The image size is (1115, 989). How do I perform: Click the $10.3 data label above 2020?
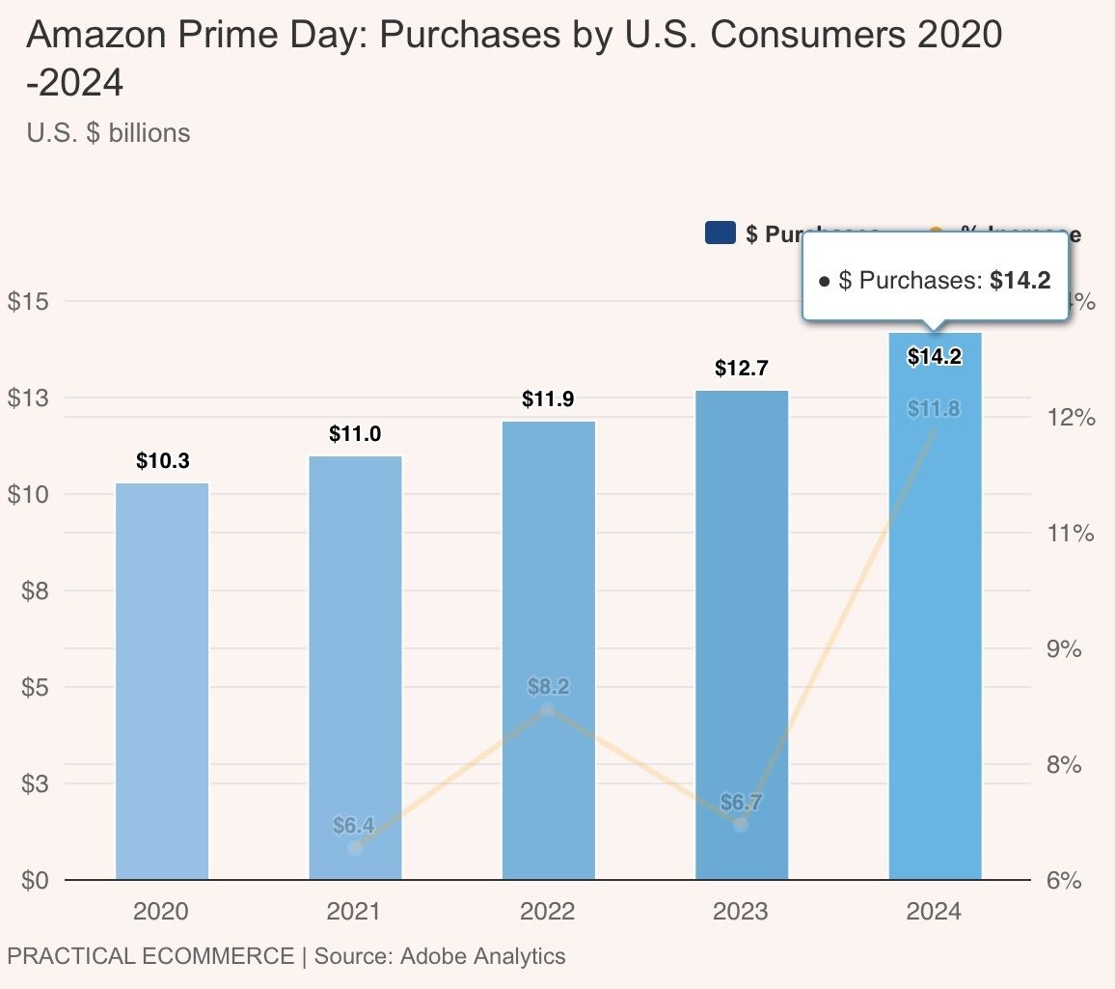(x=162, y=461)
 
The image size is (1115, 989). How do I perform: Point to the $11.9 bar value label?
(x=548, y=399)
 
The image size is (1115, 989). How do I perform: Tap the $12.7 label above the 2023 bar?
(x=741, y=369)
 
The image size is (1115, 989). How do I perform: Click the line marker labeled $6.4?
(x=355, y=847)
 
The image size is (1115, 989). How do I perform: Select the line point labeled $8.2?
(x=548, y=710)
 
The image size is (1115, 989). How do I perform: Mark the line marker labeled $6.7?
(x=741, y=825)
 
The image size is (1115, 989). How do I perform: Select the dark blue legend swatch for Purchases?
(x=721, y=234)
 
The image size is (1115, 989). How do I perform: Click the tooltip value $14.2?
(x=1020, y=281)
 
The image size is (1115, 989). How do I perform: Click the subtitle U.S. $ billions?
(x=109, y=132)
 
